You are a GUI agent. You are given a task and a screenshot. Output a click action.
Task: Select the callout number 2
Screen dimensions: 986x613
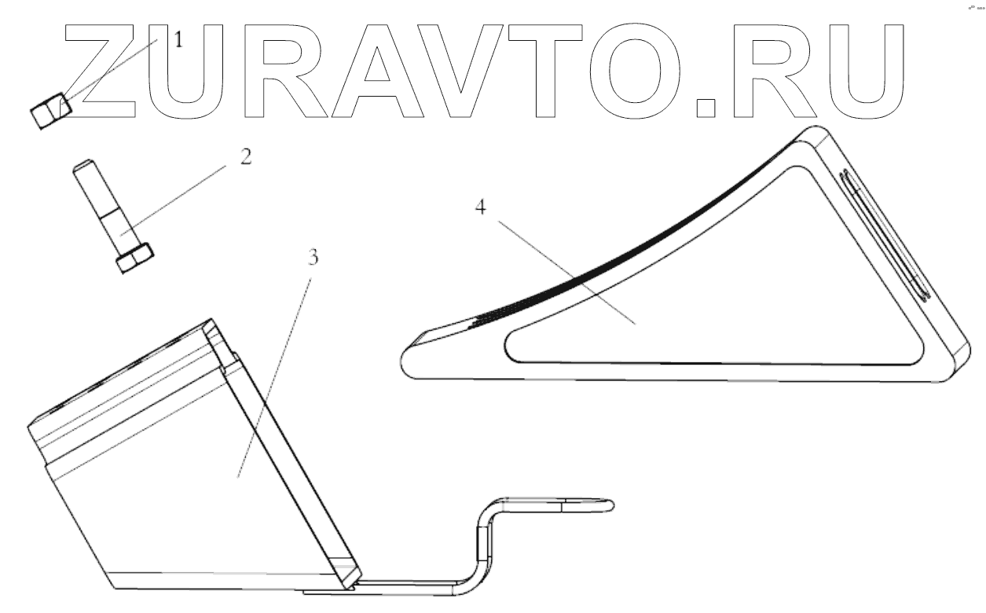coord(245,156)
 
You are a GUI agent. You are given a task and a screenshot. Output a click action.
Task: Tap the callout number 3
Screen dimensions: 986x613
coord(313,259)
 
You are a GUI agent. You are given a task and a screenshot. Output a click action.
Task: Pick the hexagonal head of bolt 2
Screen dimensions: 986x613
coord(134,259)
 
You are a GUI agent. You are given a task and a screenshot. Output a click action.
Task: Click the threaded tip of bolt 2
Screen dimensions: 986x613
coord(85,167)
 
